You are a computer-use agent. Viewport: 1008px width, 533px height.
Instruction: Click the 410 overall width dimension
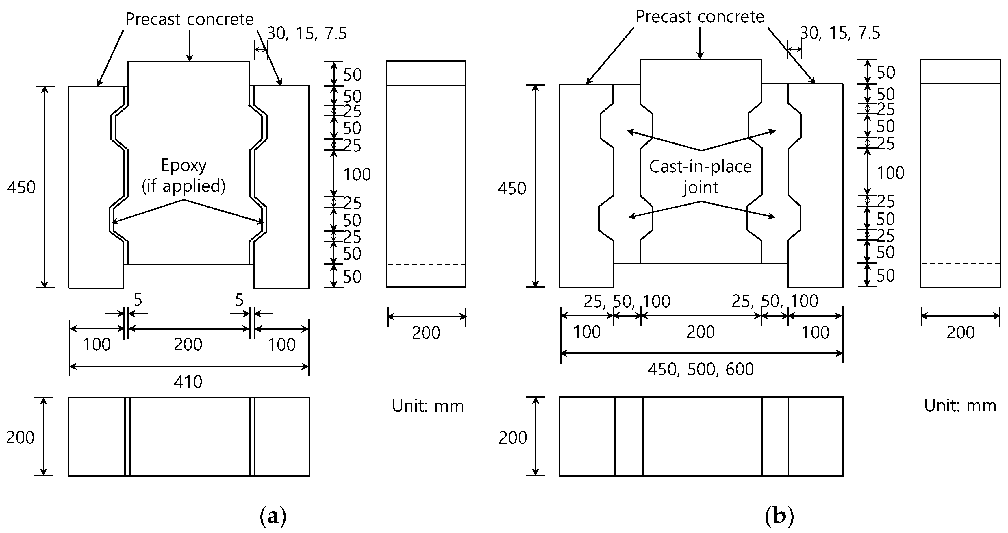[188, 382]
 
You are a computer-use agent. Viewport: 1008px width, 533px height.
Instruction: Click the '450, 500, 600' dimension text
[701, 369]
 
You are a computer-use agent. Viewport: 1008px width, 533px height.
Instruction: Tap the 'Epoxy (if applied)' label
[184, 176]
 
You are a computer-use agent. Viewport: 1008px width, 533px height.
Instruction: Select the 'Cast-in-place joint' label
[700, 177]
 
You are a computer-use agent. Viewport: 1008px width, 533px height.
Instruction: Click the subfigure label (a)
[273, 517]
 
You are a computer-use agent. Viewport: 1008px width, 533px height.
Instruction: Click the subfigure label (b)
[779, 517]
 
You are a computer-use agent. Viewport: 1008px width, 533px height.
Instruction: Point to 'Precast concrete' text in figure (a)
[189, 19]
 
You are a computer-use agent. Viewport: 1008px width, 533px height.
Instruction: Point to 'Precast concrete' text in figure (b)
[700, 17]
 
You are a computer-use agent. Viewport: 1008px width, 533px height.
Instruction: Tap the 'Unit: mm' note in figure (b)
[960, 406]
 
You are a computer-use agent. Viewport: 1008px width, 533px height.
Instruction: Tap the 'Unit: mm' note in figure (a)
[428, 406]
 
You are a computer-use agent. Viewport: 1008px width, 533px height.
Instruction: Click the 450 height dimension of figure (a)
[21, 188]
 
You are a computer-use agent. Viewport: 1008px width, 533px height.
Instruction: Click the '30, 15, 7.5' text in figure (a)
[307, 34]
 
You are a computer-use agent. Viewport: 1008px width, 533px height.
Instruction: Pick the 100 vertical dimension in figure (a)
[357, 174]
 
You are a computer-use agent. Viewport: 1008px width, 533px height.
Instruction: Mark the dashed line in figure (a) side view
[426, 265]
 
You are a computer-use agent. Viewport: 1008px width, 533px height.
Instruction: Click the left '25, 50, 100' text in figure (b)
[627, 301]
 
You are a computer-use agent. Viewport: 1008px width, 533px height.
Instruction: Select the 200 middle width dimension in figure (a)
[188, 344]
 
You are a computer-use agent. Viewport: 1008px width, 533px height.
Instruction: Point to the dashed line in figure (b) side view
[960, 264]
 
